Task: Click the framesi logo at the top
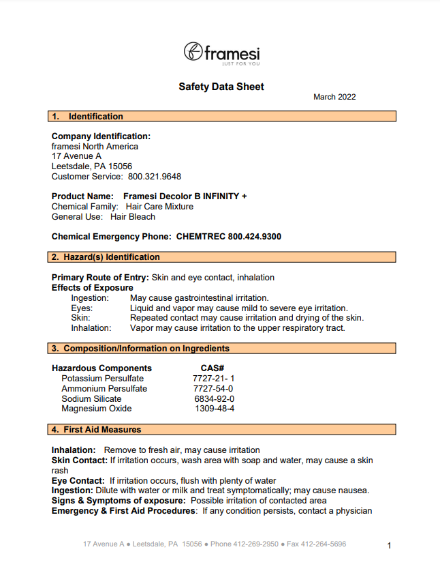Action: pos(221,53)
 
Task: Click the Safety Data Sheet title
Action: pos(221,87)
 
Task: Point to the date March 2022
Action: pos(334,97)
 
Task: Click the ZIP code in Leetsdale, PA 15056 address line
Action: pos(120,166)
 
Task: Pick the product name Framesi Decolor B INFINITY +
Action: pos(185,196)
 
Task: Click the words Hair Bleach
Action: pos(133,216)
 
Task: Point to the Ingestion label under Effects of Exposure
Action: pos(90,298)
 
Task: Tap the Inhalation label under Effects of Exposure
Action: pos(91,328)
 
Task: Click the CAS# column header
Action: pos(213,368)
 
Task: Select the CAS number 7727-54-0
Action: pos(213,389)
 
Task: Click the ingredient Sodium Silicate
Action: pos(91,399)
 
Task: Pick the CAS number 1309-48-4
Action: pos(215,409)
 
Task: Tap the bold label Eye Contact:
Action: pos(78,480)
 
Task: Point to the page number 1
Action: pos(389,546)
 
